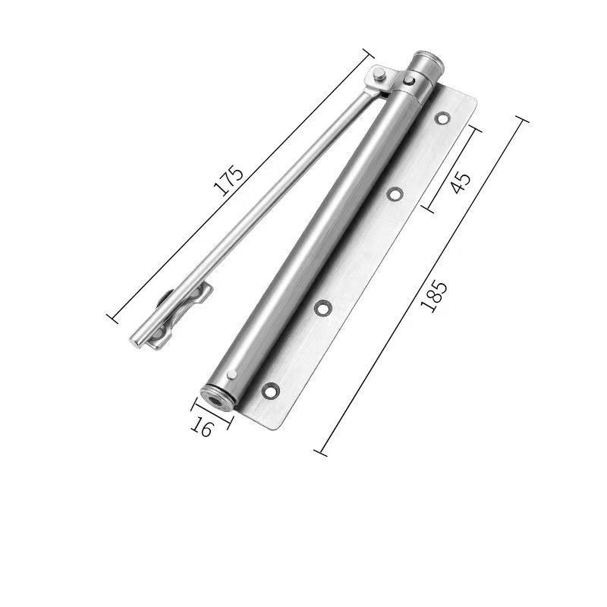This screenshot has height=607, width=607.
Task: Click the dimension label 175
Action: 229,181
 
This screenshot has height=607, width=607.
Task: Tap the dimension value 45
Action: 461,183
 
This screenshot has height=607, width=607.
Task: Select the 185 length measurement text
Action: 434,297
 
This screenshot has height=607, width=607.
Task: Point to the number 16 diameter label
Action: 202,427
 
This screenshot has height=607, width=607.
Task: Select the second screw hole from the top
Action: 395,194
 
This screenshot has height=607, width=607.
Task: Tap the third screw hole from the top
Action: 322,308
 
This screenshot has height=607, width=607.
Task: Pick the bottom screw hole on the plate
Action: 270,390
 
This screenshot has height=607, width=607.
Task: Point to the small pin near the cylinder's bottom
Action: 232,373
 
